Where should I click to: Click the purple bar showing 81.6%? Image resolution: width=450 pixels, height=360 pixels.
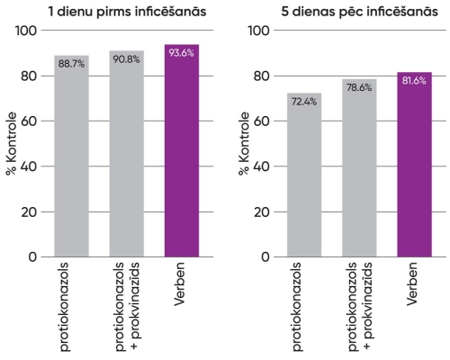pyautogui.click(x=414, y=166)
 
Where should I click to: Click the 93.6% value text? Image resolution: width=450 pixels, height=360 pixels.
pyautogui.click(x=182, y=52)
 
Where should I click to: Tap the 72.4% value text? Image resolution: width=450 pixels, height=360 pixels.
pyautogui.click(x=303, y=102)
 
